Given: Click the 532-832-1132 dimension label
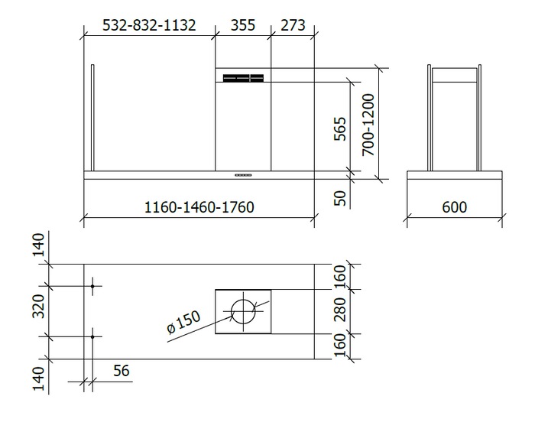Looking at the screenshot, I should coord(149,25).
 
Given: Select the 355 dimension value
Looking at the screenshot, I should coord(242,25).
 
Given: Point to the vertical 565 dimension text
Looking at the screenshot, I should coord(341,128).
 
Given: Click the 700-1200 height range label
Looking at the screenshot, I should coord(368,125).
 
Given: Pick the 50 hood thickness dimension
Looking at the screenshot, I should coord(341,197).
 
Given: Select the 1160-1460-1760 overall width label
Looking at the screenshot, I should coord(199,207).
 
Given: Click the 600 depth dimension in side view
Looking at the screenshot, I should coord(454,207).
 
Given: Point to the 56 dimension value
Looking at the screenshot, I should coord(121,371).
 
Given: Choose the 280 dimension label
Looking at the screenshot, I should coord(341,310).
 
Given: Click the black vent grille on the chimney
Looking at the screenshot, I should coord(243,77).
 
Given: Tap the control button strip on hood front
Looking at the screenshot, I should coord(243,175).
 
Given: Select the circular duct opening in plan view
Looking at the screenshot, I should coord(243,310).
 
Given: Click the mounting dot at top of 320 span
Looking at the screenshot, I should coord(92,287).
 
